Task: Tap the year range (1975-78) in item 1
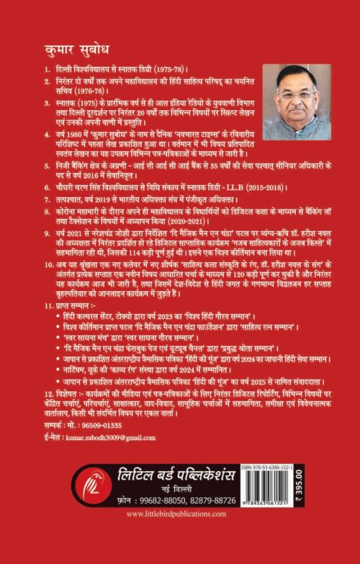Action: pyautogui.click(x=171, y=74)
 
